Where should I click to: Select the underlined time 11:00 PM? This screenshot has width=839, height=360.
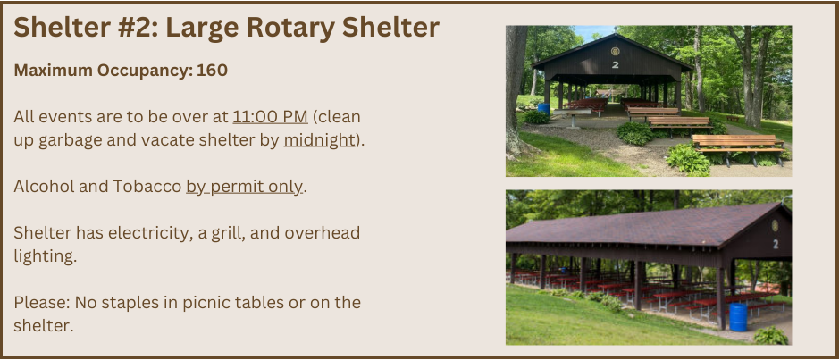[x=270, y=117]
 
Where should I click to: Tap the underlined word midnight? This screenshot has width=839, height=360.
[x=319, y=140]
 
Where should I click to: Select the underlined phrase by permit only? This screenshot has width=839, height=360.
[x=244, y=187]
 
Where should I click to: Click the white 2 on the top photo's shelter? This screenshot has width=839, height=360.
[x=615, y=64]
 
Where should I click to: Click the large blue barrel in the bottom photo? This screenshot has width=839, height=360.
[x=737, y=317]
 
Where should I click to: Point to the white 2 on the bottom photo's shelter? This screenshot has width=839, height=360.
[x=775, y=243]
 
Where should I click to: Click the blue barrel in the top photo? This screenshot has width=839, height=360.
[x=543, y=108]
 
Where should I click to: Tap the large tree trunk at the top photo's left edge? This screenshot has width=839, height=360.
[x=516, y=89]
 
